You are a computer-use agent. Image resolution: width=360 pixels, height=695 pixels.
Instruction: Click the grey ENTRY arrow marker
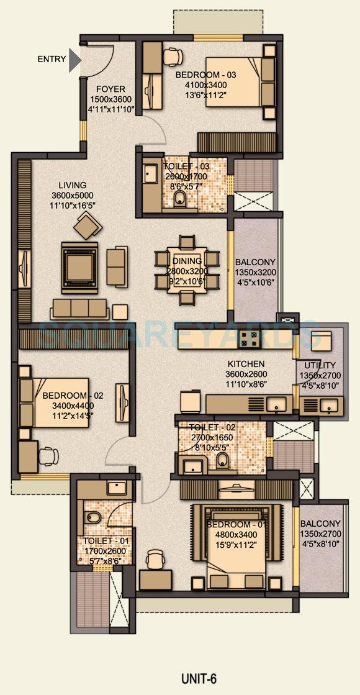[74, 60]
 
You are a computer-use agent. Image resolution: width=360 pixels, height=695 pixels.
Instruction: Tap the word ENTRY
[52, 60]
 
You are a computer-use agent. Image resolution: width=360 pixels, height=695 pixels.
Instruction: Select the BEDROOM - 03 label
[205, 75]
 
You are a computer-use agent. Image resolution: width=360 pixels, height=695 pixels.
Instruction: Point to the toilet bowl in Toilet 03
[179, 198]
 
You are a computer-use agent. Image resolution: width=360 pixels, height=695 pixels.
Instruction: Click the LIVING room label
[73, 185]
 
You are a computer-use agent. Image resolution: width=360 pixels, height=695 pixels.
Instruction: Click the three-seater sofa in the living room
[79, 308]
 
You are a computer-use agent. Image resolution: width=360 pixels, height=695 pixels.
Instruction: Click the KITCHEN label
[246, 364]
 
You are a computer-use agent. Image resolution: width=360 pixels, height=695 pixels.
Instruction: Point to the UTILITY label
[320, 365]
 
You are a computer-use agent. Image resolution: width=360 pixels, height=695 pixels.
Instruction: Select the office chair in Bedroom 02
[47, 456]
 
